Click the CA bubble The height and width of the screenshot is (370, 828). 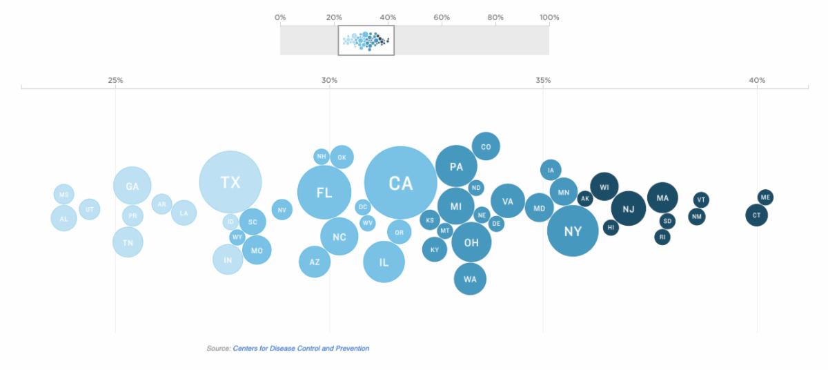tap(400, 182)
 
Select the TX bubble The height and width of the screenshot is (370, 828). tap(230, 182)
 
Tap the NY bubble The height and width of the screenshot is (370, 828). tap(573, 231)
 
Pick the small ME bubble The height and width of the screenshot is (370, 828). tap(765, 197)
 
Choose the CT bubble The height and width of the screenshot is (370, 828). tap(756, 215)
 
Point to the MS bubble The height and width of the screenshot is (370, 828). tap(63, 195)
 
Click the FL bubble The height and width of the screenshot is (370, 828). tap(324, 193)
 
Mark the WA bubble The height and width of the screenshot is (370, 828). tap(470, 279)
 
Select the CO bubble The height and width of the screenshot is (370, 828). tap(486, 146)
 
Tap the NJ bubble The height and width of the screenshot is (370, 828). tap(628, 209)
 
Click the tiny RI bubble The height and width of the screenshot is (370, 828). tap(662, 237)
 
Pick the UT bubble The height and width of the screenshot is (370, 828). tap(89, 208)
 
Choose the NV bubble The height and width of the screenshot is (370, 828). tap(282, 209)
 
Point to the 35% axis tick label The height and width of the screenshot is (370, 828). tap(543, 80)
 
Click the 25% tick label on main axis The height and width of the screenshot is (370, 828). tap(115, 80)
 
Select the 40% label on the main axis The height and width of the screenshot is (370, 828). tap(757, 80)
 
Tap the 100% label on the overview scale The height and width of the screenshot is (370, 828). tap(549, 17)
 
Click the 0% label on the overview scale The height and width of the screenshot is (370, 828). tap(280, 17)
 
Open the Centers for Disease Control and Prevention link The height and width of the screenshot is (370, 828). tap(301, 349)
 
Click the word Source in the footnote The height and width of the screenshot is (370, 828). tap(218, 349)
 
